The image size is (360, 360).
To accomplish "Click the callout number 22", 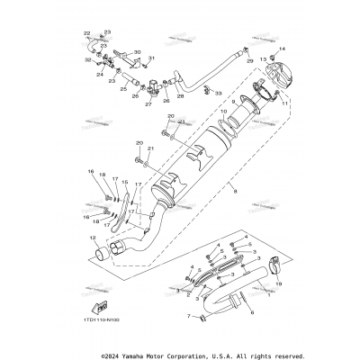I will point(88,33).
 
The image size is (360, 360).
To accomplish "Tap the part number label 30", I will point(137,52).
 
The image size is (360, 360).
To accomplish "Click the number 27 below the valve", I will point(148,104).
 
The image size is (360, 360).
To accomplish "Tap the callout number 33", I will point(220,94).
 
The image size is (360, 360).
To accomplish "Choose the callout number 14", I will point(282,48).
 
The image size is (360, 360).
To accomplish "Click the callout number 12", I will point(93,238).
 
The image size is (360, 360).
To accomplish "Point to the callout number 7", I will point(188,318).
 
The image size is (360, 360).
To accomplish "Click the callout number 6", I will point(251,310).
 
